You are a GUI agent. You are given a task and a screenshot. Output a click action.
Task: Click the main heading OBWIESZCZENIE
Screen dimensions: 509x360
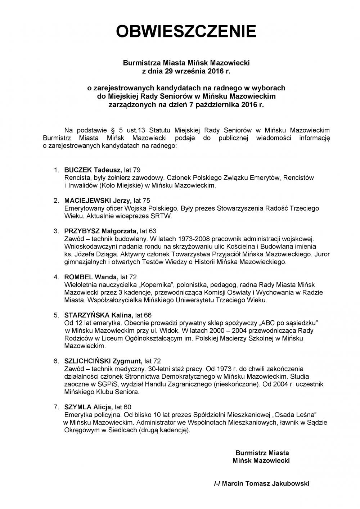[186, 32]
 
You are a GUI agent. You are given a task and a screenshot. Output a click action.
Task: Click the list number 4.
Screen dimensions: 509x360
[56, 277]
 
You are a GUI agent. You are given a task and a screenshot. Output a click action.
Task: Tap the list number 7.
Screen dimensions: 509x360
[56, 407]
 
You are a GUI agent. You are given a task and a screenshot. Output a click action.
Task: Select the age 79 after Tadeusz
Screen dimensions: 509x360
[137, 170]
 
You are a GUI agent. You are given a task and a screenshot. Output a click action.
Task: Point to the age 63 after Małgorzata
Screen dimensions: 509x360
[153, 231]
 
